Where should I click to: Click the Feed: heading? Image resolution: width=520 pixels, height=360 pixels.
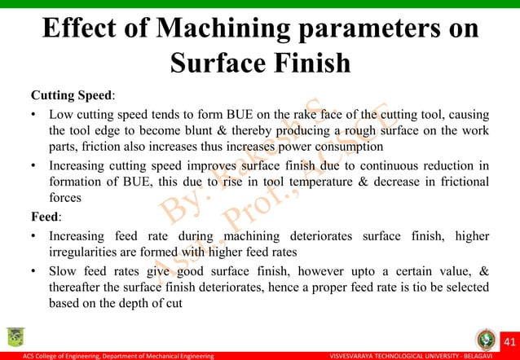(x=48, y=217)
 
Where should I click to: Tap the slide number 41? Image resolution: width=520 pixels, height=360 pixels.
(x=504, y=340)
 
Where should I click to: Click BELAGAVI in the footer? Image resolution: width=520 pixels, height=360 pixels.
(x=494, y=356)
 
